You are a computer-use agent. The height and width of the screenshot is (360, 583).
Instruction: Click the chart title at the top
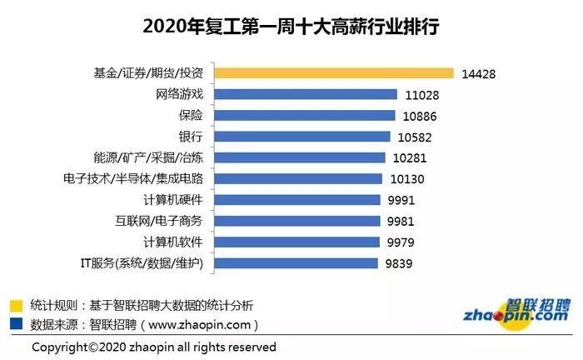pyautogui.click(x=291, y=27)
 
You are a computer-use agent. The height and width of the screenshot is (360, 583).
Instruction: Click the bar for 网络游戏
pyautogui.click(x=307, y=94)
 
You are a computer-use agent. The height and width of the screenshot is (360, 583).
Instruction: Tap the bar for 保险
pyautogui.click(x=306, y=115)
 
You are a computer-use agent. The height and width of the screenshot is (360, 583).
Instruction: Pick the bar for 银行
pyautogui.click(x=303, y=136)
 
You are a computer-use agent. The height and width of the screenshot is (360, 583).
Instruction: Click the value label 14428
pyautogui.click(x=479, y=73)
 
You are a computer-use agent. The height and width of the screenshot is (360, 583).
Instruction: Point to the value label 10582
pyautogui.click(x=414, y=137)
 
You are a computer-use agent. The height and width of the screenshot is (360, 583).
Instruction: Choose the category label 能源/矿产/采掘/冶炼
pyautogui.click(x=148, y=157)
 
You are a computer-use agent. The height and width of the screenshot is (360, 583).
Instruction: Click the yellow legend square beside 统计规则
pyautogui.click(x=16, y=304)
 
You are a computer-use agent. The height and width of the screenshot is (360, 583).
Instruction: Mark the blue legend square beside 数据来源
pyautogui.click(x=16, y=324)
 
